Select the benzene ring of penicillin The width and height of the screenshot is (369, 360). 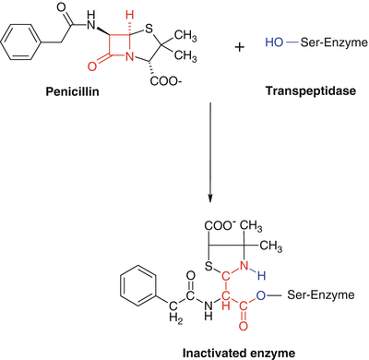(20, 44)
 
